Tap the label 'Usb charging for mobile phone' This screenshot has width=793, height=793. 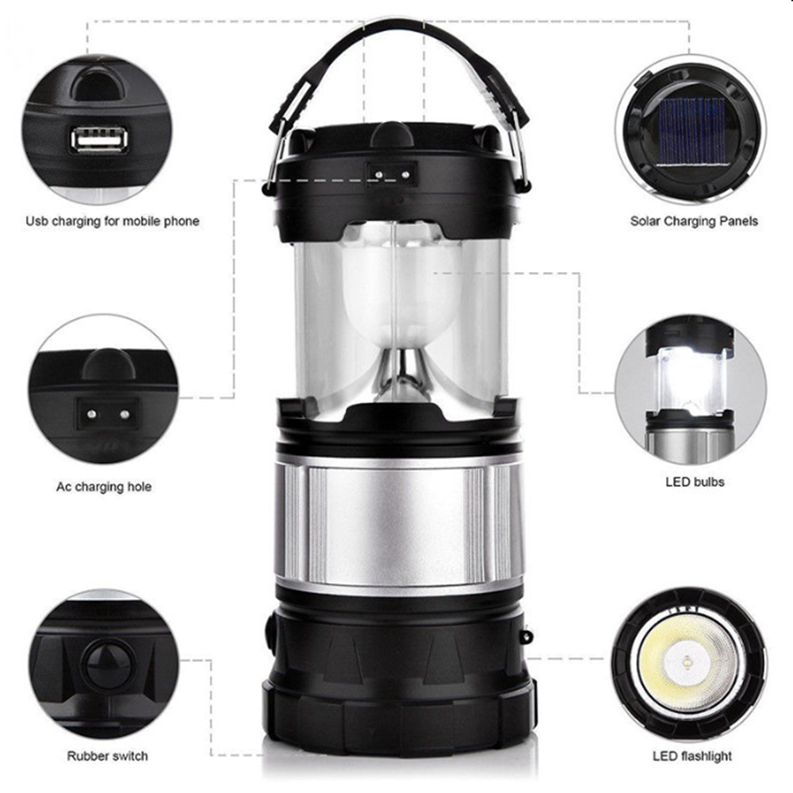[113, 221]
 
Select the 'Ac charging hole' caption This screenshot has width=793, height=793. [104, 487]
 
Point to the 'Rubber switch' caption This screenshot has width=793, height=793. [107, 756]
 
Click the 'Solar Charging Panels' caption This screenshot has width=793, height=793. [694, 221]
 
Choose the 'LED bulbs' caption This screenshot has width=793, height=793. [695, 482]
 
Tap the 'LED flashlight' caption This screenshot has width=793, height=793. [691, 757]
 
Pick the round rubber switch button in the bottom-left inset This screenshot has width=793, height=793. [108, 663]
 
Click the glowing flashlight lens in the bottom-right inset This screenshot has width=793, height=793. [688, 662]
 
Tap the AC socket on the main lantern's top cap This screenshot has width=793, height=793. [392, 174]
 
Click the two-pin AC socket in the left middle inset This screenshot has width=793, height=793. [108, 414]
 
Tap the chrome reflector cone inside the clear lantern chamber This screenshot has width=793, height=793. [402, 374]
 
